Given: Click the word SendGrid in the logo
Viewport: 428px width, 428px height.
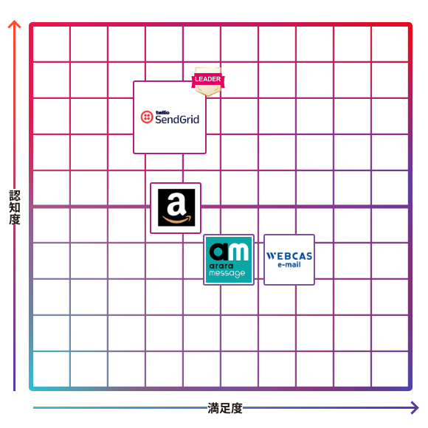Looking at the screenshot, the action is [177, 120].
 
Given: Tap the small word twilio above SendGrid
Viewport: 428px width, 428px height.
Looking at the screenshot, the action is [162, 112].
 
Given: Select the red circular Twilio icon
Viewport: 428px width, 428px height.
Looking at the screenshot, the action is [147, 117].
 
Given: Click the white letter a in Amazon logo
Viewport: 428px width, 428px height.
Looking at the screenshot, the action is [176, 204].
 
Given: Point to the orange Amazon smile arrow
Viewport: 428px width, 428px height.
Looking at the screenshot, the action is [177, 219].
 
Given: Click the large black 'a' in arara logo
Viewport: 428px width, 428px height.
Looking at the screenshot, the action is [220, 252].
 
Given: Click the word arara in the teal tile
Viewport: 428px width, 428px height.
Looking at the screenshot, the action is [221, 266].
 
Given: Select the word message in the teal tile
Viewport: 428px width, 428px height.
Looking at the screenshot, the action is [227, 274].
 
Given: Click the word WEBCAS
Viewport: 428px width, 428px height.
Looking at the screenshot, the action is [289, 256].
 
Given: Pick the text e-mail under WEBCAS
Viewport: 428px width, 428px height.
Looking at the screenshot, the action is [289, 264].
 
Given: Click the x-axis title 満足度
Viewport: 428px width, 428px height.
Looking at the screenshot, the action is [225, 408].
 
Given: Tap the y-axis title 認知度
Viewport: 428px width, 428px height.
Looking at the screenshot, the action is [15, 207].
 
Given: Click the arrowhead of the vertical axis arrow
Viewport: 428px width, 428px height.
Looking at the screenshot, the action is [14, 24].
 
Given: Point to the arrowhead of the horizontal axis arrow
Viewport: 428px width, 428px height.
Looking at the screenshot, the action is [415, 408].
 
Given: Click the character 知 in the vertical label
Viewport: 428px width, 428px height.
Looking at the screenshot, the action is [15, 207].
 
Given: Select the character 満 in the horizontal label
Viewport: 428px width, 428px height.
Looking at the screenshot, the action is [213, 408].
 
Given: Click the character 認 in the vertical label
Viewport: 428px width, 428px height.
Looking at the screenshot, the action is [15, 196].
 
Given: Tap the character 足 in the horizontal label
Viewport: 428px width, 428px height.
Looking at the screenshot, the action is [225, 408].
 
